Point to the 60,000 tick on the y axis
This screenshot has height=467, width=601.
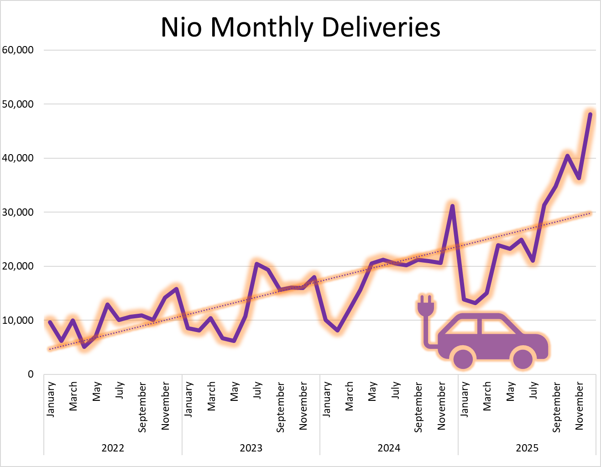pyautogui.click(x=18, y=50)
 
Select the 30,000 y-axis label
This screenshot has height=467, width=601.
pyautogui.click(x=18, y=212)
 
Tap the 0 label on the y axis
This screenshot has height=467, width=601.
pyautogui.click(x=31, y=374)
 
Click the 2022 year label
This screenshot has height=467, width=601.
pyautogui.click(x=113, y=448)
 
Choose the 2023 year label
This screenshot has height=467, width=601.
pyautogui.click(x=251, y=448)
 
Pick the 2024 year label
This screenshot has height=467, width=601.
pyautogui.click(x=389, y=448)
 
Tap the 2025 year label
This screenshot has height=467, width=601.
pyautogui.click(x=527, y=448)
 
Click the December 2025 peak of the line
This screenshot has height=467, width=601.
pyautogui.click(x=590, y=114)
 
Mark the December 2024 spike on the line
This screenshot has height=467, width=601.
pyautogui.click(x=452, y=206)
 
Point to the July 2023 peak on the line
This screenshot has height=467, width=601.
pyautogui.click(x=257, y=264)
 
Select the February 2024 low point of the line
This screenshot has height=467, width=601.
pyautogui.click(x=337, y=330)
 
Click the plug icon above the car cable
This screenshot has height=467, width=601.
pyautogui.click(x=425, y=306)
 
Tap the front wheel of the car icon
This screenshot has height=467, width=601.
pyautogui.click(x=523, y=358)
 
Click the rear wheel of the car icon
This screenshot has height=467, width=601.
pyautogui.click(x=464, y=358)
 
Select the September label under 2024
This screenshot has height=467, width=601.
pyautogui.click(x=418, y=407)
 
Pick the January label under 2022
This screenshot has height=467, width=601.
pyautogui.click(x=50, y=399)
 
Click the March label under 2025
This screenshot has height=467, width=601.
pyautogui.click(x=487, y=396)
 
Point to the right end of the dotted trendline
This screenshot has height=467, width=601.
pyautogui.click(x=591, y=213)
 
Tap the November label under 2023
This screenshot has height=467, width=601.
pyautogui.click(x=303, y=406)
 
